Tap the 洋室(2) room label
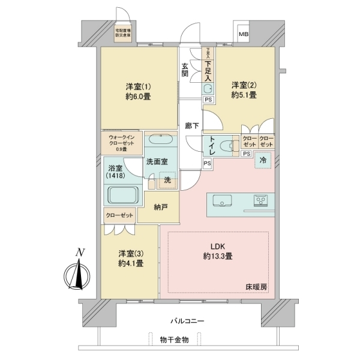[244, 90]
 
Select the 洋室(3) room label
[130, 258]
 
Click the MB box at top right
[244, 34]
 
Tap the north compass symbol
[78, 275]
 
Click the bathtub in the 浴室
[124, 196]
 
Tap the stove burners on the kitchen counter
[262, 200]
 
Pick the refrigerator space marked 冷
[263, 160]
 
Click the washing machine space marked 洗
[169, 179]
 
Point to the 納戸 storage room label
[160, 208]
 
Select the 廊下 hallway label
[192, 127]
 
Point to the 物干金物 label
[175, 340]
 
